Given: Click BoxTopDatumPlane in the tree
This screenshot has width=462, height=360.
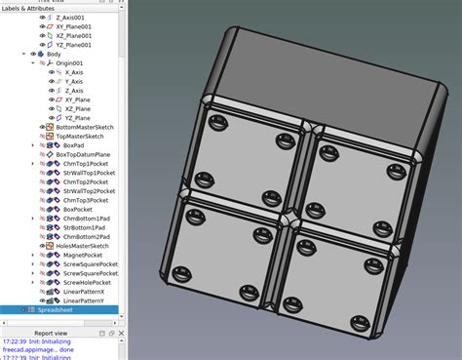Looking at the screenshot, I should [85, 155].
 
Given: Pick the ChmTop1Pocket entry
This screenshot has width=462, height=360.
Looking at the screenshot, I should [83, 164].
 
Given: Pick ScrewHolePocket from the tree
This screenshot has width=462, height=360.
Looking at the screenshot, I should [87, 273].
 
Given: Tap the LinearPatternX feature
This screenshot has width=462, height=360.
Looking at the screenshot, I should [83, 292].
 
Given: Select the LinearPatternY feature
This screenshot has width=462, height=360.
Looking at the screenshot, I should [83, 300].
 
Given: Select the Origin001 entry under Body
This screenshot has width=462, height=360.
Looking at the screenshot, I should [71, 63].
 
